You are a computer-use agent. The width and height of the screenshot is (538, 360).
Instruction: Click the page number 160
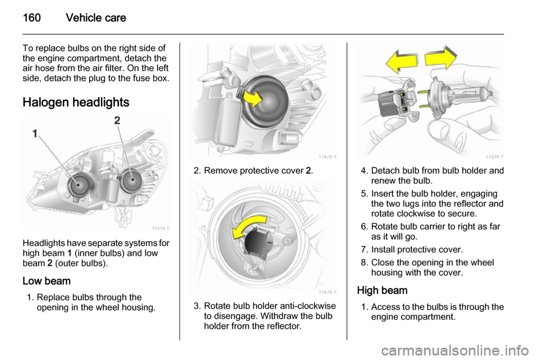(x=31, y=17)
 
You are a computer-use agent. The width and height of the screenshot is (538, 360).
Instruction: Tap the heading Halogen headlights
(x=76, y=102)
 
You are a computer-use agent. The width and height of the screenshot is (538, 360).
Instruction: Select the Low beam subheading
(x=47, y=281)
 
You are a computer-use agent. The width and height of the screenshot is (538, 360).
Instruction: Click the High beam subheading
(x=382, y=290)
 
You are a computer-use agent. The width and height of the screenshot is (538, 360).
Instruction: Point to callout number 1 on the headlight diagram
(x=35, y=133)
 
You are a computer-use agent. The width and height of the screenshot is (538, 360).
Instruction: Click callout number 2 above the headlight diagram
(x=117, y=121)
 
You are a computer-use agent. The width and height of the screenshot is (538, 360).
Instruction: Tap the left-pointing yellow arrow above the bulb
(x=401, y=62)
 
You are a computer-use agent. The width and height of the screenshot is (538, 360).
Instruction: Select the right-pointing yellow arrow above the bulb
(x=441, y=58)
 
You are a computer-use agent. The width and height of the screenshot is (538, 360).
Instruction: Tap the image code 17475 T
(x=327, y=157)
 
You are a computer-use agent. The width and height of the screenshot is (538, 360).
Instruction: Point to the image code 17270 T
(x=494, y=157)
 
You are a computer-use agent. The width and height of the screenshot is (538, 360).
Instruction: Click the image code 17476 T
(x=327, y=292)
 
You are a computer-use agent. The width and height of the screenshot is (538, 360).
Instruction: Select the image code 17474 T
(x=160, y=228)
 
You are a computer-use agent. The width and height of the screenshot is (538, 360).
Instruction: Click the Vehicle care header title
(x=96, y=17)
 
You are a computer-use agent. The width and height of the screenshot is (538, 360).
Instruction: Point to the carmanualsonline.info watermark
(x=455, y=351)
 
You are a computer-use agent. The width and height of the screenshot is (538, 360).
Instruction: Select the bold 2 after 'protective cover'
(x=308, y=170)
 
